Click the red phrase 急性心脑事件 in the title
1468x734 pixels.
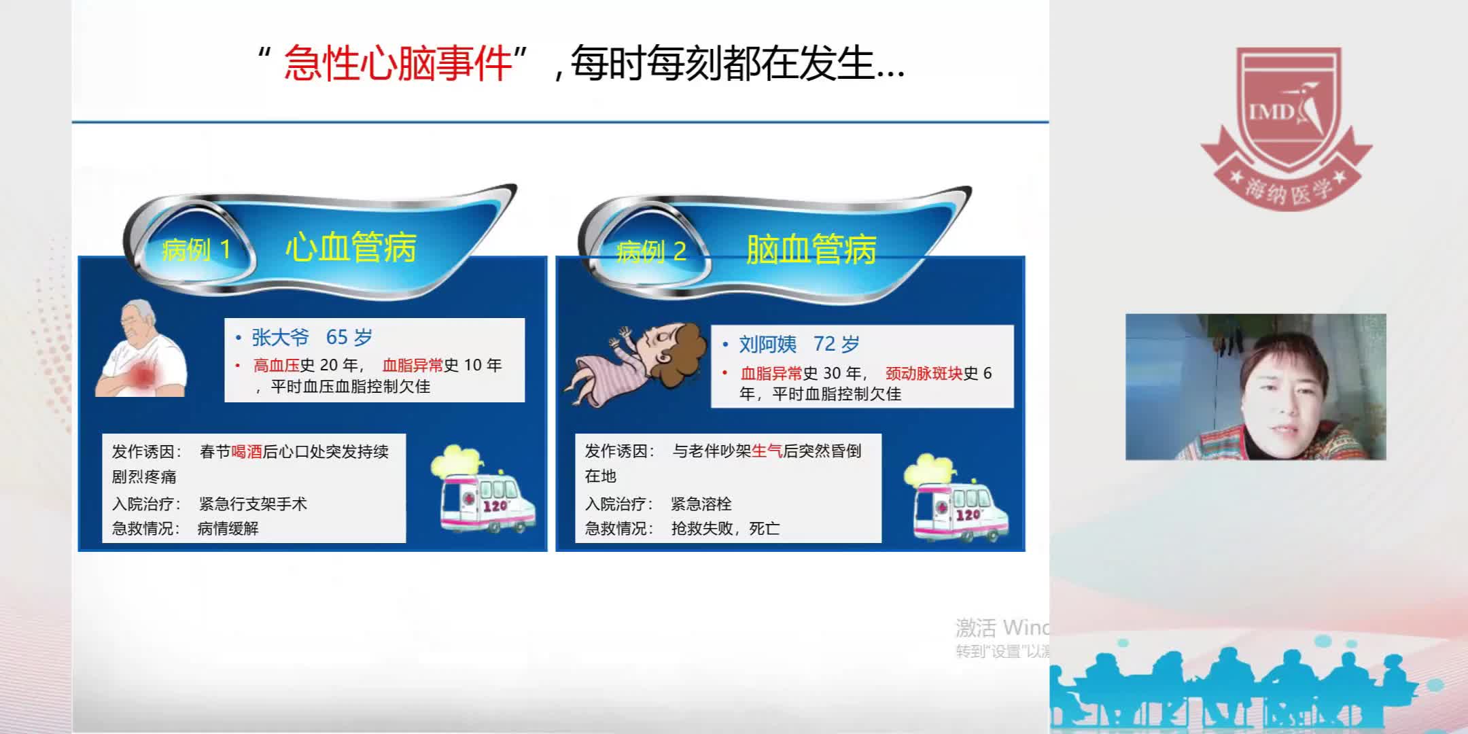point(398,64)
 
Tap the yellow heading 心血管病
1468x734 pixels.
point(351,247)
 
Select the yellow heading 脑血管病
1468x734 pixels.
point(811,249)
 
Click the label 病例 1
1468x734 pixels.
point(196,250)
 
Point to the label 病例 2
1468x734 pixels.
point(651,252)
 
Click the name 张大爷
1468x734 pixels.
point(280,337)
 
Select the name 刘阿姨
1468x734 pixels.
point(767,344)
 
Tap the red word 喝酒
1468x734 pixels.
point(247,452)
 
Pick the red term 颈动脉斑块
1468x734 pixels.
point(924,373)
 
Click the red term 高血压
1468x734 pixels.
point(276,366)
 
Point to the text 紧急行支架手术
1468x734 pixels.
point(253,504)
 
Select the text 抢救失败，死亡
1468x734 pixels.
point(725,528)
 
